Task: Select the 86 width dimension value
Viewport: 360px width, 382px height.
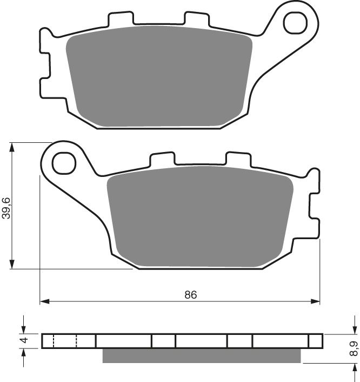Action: [190, 295]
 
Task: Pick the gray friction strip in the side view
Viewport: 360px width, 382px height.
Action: [201, 355]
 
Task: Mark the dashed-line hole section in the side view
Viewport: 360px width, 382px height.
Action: [65, 340]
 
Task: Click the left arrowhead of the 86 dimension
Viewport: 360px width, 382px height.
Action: [44, 301]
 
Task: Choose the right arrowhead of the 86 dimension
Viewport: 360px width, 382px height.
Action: [316, 301]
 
